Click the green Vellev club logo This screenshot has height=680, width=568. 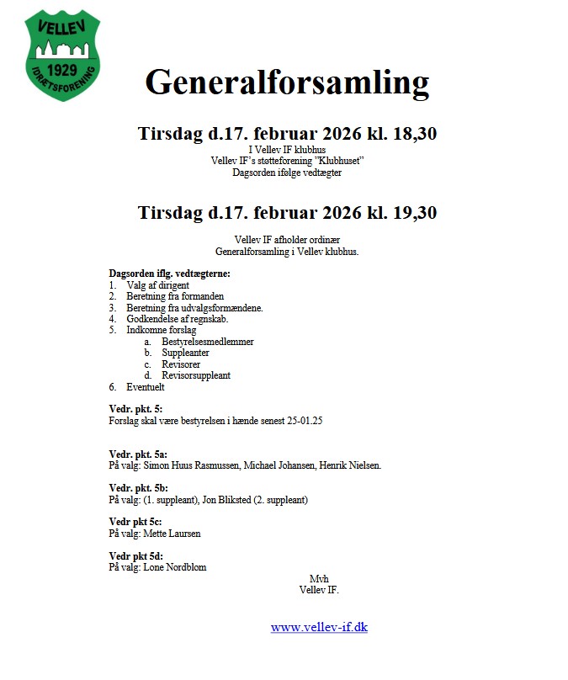pos(63,55)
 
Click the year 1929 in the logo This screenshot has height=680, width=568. pos(62,68)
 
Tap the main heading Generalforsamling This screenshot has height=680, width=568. pos(287,83)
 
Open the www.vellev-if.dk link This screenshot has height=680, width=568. pos(319,627)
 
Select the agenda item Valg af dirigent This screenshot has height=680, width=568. pos(157,285)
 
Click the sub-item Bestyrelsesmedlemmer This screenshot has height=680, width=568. pos(207,342)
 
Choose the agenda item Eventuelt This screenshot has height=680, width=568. pos(146,387)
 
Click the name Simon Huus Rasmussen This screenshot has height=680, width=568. pos(194,465)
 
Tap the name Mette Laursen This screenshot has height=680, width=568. pos(173,534)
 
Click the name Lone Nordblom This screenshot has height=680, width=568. pos(175,567)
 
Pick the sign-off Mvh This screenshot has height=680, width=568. pos(318,578)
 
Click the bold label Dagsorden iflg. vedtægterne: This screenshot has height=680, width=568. pos(169,274)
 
